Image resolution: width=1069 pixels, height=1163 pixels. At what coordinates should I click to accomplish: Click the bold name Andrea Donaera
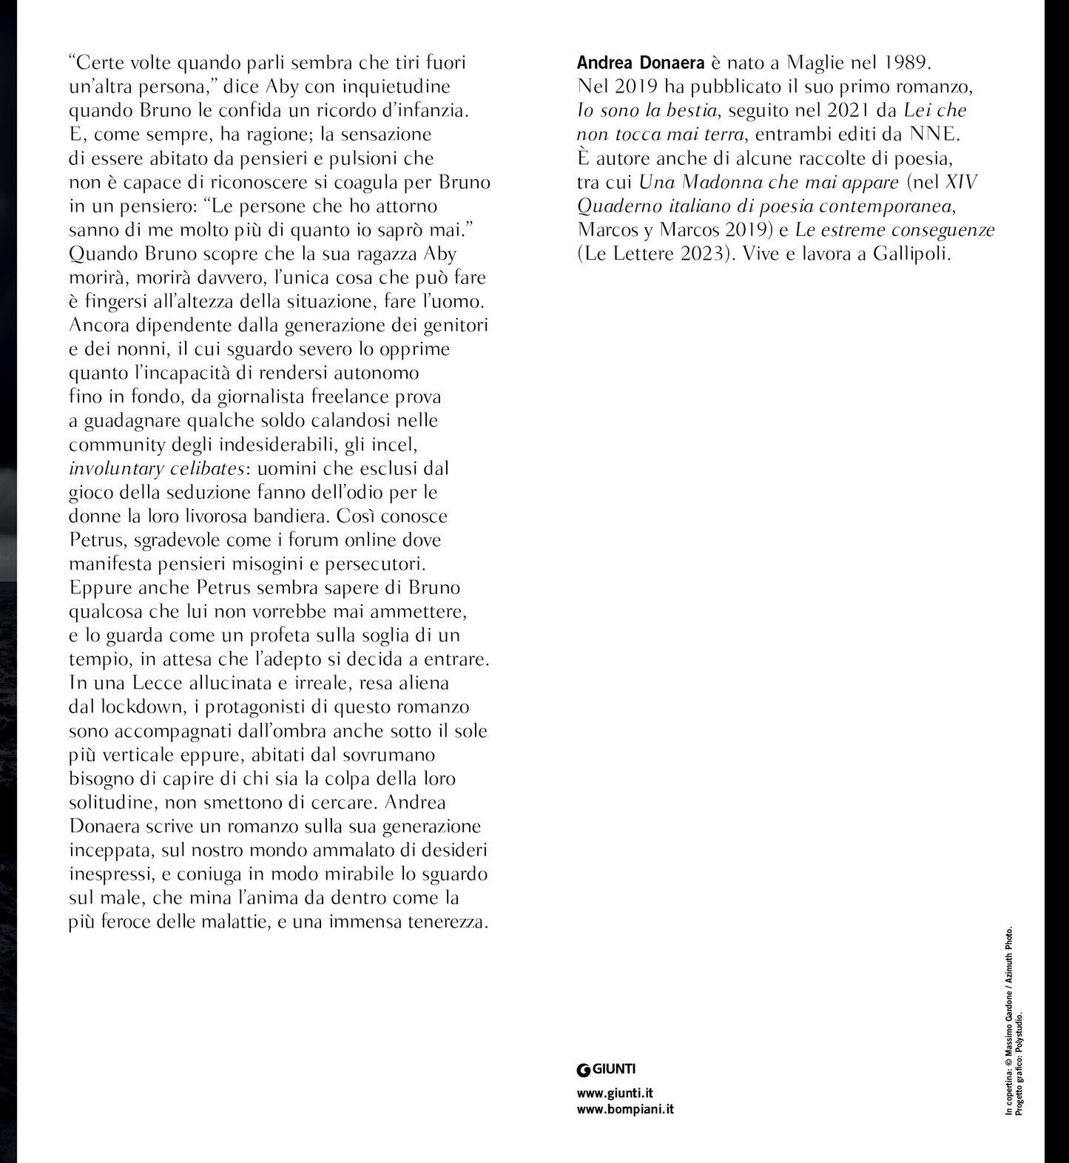tap(630, 64)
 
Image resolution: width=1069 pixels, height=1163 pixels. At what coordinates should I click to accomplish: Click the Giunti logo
tap(606, 1068)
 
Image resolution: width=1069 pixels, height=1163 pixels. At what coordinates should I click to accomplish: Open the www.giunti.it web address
tap(615, 1093)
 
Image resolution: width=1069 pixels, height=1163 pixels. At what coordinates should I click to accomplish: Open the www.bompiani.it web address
tap(625, 1109)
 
